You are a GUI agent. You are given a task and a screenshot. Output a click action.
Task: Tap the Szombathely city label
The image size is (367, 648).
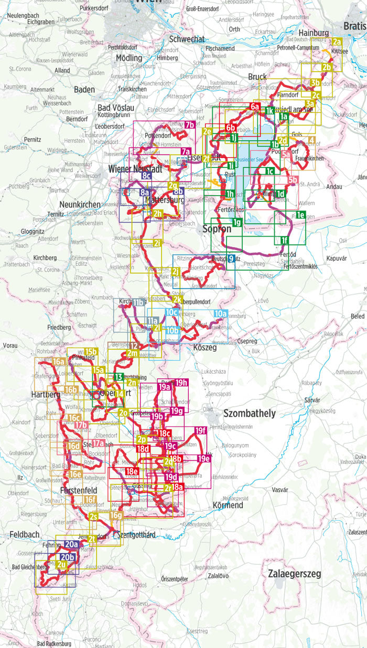pyautogui.click(x=249, y=414)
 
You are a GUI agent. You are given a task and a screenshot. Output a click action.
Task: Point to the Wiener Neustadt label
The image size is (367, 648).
pyautogui.click(x=134, y=169)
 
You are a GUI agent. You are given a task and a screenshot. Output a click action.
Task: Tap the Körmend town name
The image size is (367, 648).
pyautogui.click(x=228, y=506)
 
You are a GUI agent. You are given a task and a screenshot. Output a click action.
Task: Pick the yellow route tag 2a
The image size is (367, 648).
pyautogui.click(x=337, y=42)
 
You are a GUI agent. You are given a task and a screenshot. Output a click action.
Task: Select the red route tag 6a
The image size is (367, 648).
pyautogui.click(x=255, y=107)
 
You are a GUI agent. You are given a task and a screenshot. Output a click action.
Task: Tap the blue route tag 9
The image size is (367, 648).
pyautogui.click(x=231, y=258)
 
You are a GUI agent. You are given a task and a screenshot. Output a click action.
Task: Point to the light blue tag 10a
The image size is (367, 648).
pyautogui.click(x=221, y=314)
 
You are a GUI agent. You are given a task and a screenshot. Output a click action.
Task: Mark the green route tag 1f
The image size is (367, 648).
pyautogui.click(x=284, y=240)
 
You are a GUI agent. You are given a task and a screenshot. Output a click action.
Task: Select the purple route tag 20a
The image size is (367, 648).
pyautogui.click(x=72, y=545)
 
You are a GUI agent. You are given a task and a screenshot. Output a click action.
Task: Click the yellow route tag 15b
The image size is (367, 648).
pyautogui.click(x=91, y=351)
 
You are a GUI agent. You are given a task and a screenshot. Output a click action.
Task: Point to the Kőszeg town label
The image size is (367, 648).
pyautogui.click(x=205, y=332)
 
